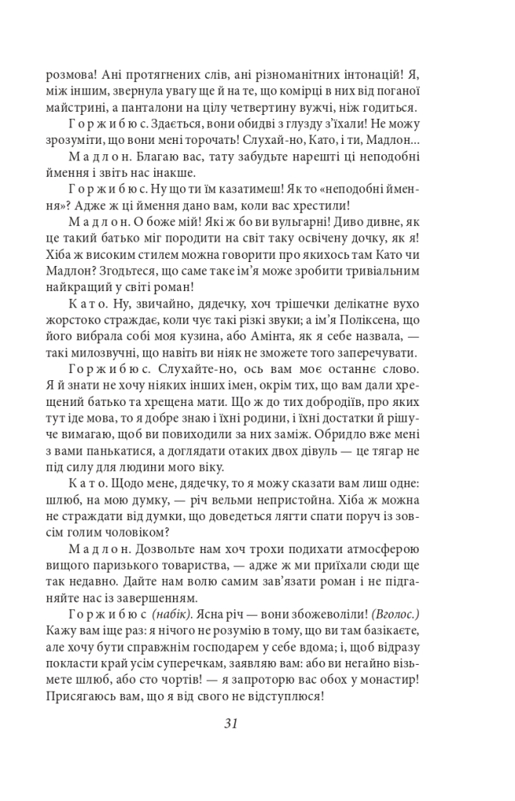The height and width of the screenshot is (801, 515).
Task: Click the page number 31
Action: tap(230, 723)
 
